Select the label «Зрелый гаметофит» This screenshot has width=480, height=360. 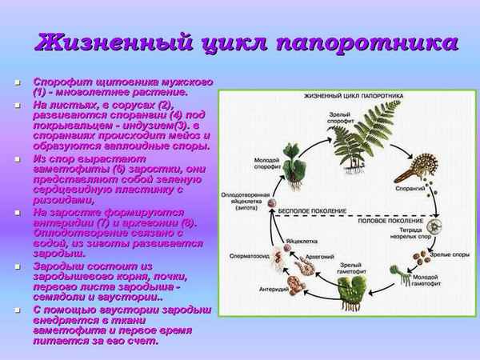[x=350, y=268]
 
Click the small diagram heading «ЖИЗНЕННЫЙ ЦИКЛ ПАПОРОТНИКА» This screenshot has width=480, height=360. [x=346, y=97]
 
